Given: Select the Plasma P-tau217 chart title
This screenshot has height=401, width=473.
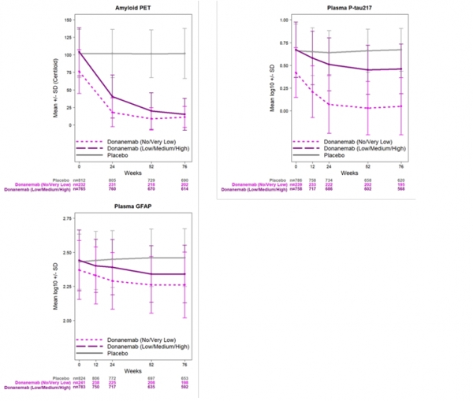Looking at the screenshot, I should [x=347, y=6].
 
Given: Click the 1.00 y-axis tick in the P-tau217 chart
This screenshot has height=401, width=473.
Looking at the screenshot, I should [x=281, y=19].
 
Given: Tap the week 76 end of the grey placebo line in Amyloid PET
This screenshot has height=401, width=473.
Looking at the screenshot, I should [x=185, y=54].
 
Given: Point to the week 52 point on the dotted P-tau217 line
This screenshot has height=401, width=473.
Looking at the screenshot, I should [x=367, y=108].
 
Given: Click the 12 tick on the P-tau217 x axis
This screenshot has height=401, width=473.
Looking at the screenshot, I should [x=313, y=167].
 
